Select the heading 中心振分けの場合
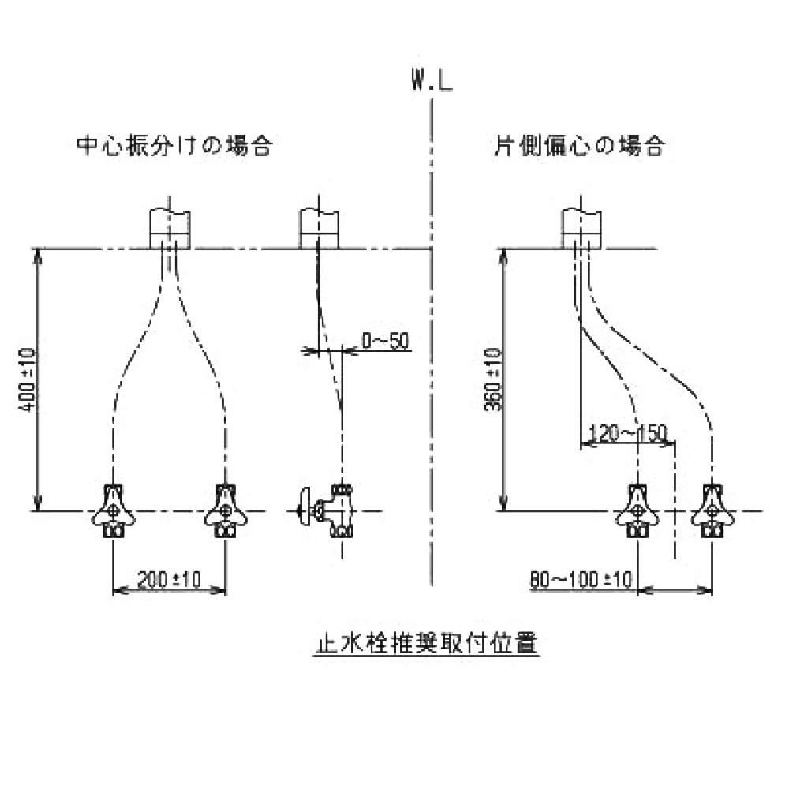[174, 146]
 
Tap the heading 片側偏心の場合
[579, 146]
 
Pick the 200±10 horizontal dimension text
[170, 580]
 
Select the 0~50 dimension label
[386, 341]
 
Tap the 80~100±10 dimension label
[581, 580]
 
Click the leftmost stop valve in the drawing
[114, 510]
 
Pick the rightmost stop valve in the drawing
[712, 510]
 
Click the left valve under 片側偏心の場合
[637, 510]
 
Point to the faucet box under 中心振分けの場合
[170, 228]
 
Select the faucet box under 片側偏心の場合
[582, 228]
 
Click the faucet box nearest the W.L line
[319, 228]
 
